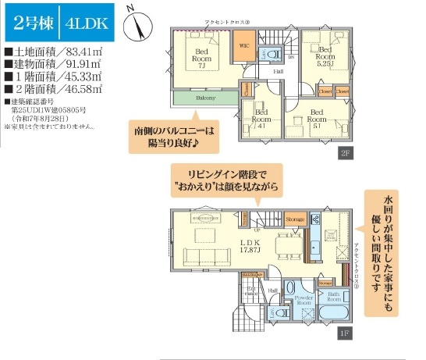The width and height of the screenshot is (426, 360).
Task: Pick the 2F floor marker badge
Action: [344, 154]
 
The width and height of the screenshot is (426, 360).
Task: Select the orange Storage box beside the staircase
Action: [296, 219]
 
